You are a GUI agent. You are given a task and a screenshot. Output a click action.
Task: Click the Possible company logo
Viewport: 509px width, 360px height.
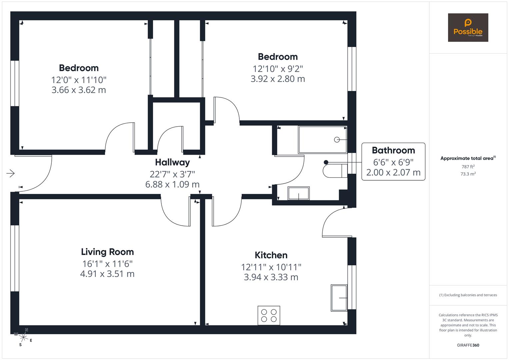[468, 28]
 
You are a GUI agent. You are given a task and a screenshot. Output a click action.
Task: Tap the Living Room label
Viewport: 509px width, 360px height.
[107, 252]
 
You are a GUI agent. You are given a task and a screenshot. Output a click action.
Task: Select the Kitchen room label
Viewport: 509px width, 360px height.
[271, 255]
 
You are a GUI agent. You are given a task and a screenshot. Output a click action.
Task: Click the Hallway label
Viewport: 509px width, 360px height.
[172, 162]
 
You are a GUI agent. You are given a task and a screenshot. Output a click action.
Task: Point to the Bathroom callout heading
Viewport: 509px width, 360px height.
[393, 150]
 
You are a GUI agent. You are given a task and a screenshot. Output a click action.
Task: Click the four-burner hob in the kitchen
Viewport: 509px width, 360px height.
[269, 315]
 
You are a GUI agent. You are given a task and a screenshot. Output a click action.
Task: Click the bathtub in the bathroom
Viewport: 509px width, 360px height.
[322, 140]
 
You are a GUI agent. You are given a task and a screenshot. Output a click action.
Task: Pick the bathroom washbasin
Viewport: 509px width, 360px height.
[299, 193]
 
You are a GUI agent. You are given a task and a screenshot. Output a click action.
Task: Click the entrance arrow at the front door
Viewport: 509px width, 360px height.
[10, 173]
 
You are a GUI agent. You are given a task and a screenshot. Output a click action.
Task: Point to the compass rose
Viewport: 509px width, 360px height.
[23, 337]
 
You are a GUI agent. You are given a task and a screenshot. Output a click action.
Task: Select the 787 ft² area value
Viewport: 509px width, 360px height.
[468, 167]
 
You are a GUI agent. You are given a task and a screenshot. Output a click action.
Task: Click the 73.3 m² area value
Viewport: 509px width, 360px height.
[468, 174]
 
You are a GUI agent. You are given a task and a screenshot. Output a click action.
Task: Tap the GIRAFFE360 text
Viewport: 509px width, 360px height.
[468, 345]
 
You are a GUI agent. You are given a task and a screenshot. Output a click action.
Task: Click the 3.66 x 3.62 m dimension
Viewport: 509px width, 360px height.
[79, 90]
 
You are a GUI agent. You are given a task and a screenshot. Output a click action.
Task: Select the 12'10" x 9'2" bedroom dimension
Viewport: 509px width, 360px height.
[278, 69]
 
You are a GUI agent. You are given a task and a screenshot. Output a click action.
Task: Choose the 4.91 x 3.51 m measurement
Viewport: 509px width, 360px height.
[107, 274]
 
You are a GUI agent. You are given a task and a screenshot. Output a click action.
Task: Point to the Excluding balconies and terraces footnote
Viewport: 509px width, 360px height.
[468, 295]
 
